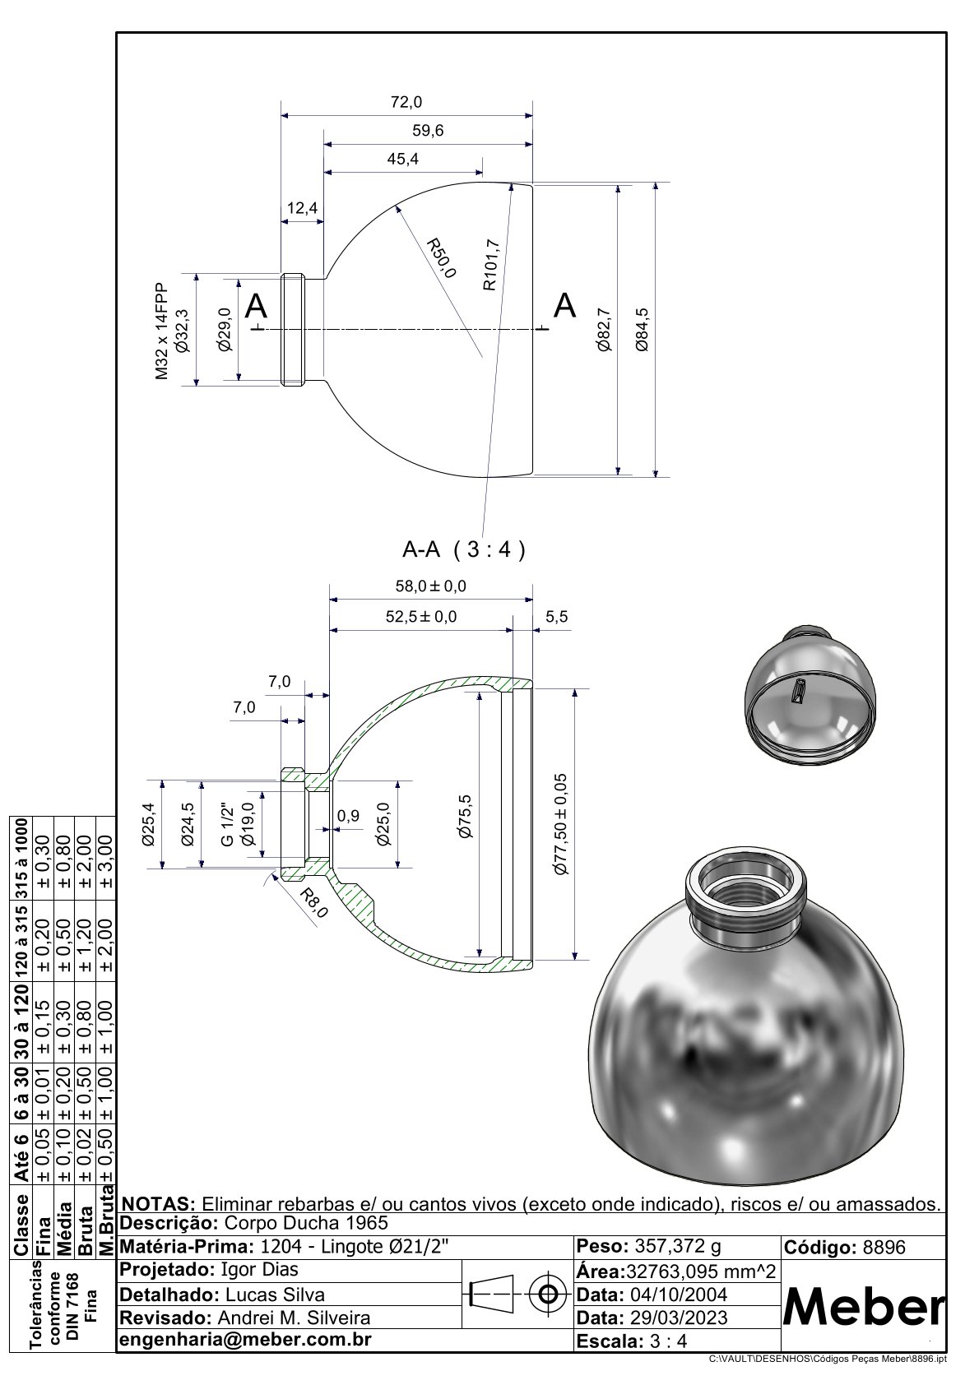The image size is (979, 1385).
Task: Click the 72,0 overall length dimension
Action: [x=406, y=102]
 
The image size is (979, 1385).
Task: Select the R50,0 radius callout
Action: [x=441, y=258]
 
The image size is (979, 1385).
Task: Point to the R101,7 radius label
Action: [x=491, y=264]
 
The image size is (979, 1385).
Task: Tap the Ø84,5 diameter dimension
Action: [x=643, y=330]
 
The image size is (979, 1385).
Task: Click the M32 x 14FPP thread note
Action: [x=161, y=331]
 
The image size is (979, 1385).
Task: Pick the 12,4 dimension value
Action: [x=302, y=209]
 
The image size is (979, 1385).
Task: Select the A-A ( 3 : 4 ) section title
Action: [x=463, y=549]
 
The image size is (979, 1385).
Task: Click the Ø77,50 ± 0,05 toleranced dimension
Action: [x=561, y=823]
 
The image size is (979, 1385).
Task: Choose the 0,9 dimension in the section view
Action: [x=349, y=816]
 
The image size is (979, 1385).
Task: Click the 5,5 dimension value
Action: [x=557, y=617]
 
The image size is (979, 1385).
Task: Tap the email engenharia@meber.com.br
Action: [x=246, y=1339]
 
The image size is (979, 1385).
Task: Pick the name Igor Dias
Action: [x=260, y=1269]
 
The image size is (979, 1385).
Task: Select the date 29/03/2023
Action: [x=677, y=1318]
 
